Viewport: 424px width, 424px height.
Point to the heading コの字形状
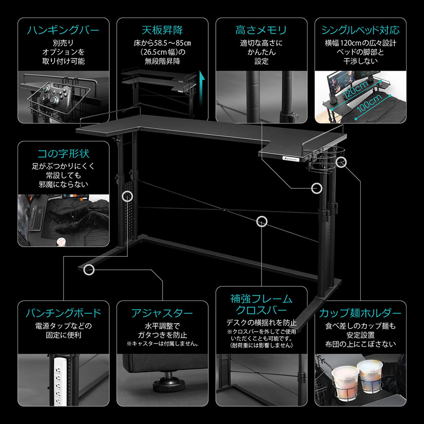[63, 154]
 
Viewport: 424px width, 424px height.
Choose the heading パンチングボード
[63, 313]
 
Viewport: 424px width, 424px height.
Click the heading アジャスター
[163, 313]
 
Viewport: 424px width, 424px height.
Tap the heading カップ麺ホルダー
[360, 313]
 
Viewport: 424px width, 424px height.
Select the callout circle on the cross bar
[262, 220]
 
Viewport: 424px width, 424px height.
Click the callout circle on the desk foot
[89, 270]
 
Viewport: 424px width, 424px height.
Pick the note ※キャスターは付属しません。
[163, 344]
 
